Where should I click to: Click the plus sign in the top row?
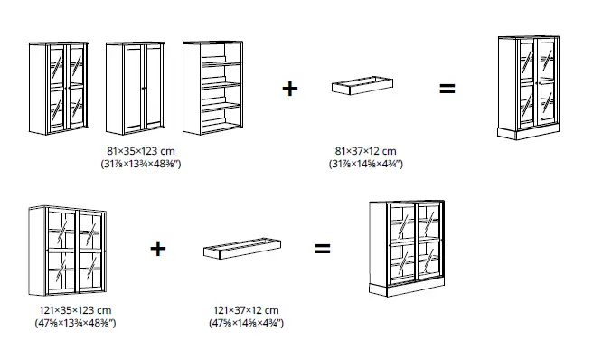click(x=289, y=90)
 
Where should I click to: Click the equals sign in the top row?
click(x=447, y=90)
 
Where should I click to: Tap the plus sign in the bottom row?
click(x=158, y=249)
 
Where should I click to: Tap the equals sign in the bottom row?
click(x=322, y=249)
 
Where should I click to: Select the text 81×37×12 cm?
click(x=364, y=150)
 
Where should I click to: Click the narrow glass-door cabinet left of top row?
click(x=59, y=88)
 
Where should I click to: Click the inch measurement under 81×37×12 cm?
click(x=364, y=164)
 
